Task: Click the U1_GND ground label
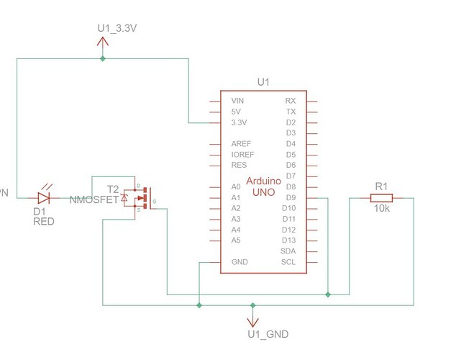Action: click(x=268, y=335)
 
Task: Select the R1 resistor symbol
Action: click(x=380, y=198)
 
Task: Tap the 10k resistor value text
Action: click(x=381, y=210)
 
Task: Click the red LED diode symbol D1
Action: click(x=44, y=197)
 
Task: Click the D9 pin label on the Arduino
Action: click(x=290, y=197)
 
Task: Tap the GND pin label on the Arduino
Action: click(x=240, y=262)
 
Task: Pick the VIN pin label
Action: click(x=237, y=101)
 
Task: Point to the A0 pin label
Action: click(x=235, y=186)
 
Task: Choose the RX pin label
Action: click(x=291, y=101)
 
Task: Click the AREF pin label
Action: click(x=242, y=144)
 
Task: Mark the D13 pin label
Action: click(x=289, y=240)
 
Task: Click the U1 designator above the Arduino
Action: click(x=263, y=83)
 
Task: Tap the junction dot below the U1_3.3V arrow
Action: click(x=102, y=59)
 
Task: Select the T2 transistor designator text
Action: click(x=113, y=189)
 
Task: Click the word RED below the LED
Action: click(x=43, y=222)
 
